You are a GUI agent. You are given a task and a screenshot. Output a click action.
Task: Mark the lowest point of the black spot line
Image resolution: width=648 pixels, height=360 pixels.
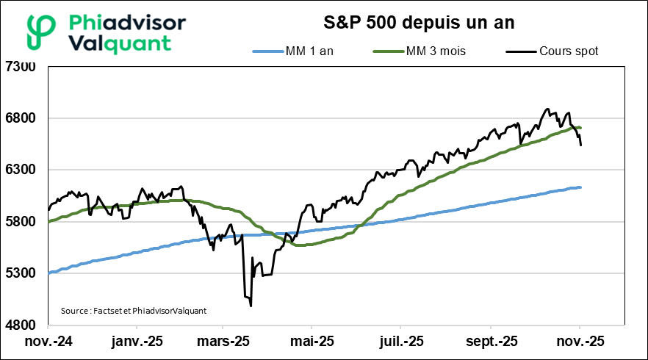pos(251,305)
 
